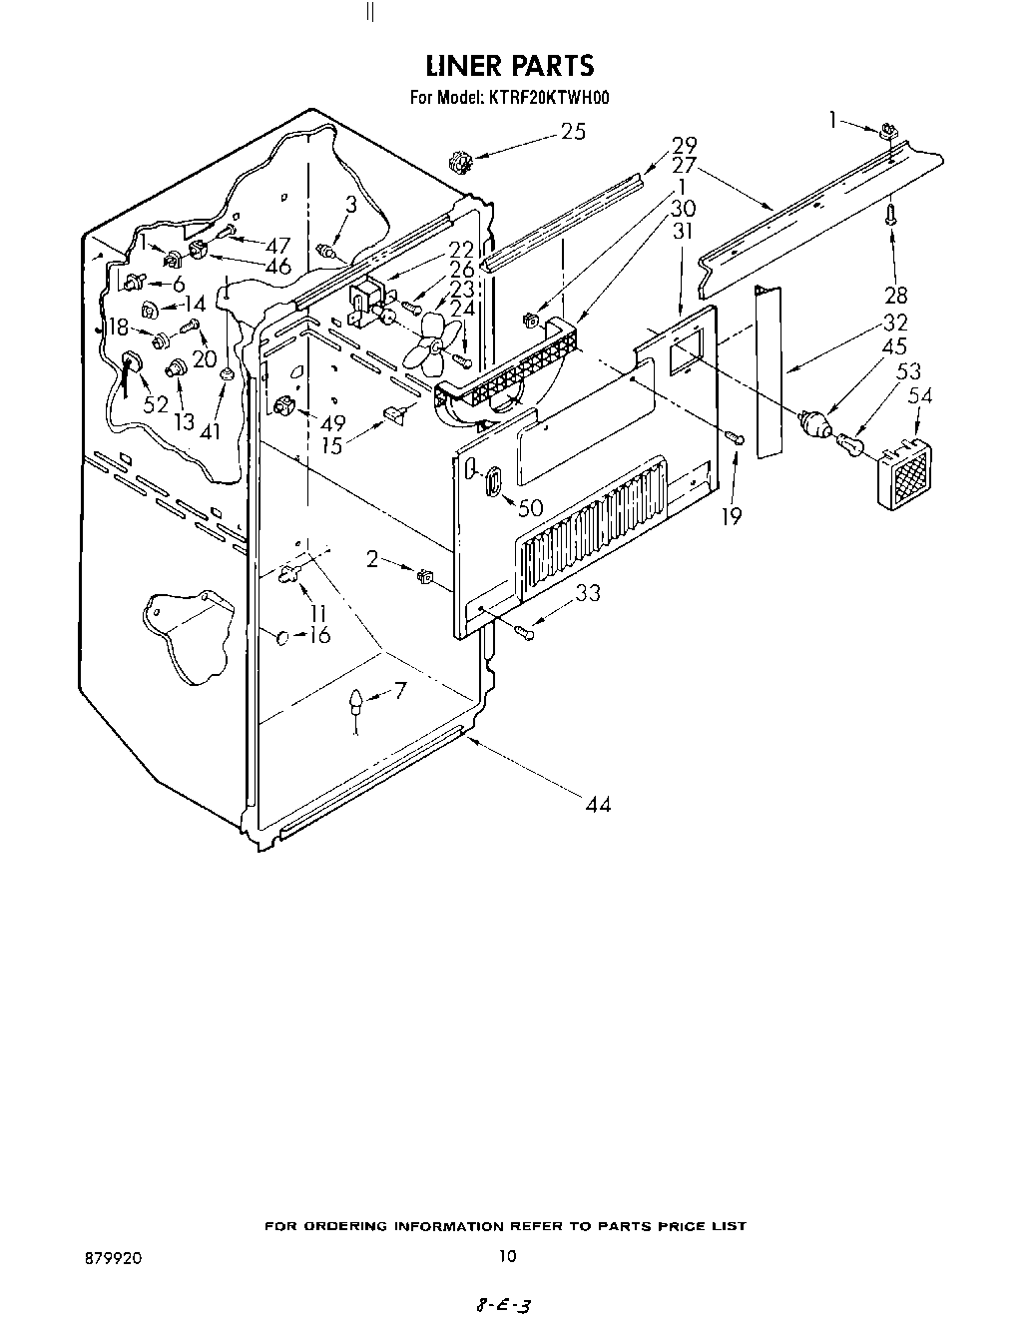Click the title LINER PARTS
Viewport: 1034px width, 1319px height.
click(509, 66)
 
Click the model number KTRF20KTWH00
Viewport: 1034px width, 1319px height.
click(548, 98)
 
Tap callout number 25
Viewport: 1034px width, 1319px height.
click(573, 132)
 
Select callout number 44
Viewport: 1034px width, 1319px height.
click(596, 804)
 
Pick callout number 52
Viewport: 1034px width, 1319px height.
click(156, 403)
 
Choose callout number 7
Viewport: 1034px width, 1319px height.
click(400, 689)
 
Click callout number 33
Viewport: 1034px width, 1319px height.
click(588, 592)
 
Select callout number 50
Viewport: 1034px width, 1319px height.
click(530, 507)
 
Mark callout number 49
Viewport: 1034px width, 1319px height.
click(332, 422)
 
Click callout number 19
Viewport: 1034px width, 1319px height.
click(732, 516)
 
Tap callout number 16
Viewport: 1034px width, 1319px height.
click(319, 635)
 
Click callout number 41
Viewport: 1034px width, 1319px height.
click(210, 432)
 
